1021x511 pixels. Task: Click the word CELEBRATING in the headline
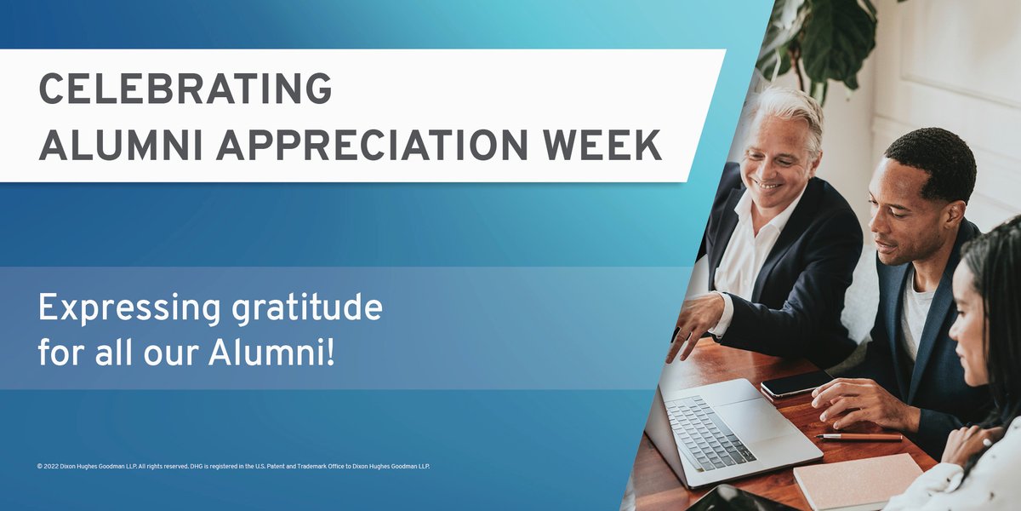185,89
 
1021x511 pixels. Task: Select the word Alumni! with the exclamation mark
272,353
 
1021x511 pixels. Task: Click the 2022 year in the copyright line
53,466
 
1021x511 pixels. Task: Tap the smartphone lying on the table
796,383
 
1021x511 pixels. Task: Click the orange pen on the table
859,437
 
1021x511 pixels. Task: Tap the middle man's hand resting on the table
851,400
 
